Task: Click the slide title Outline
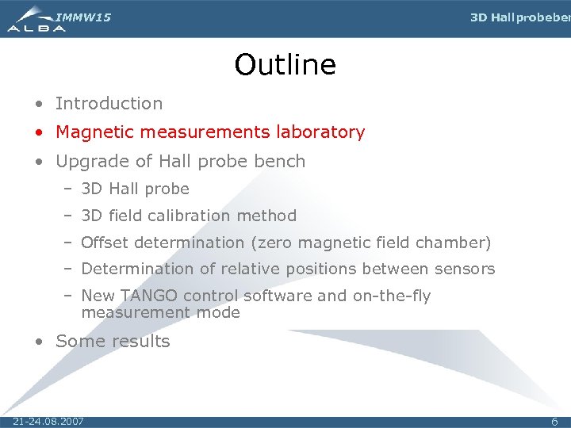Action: [285, 65]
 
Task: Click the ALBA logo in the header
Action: [36, 21]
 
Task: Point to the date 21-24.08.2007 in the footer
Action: [48, 421]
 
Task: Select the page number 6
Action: [555, 422]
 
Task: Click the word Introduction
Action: [109, 103]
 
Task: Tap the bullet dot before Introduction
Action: [39, 104]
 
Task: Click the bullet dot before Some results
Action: [39, 342]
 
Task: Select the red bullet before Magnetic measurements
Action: [39, 133]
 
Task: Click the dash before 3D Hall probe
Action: [69, 189]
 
